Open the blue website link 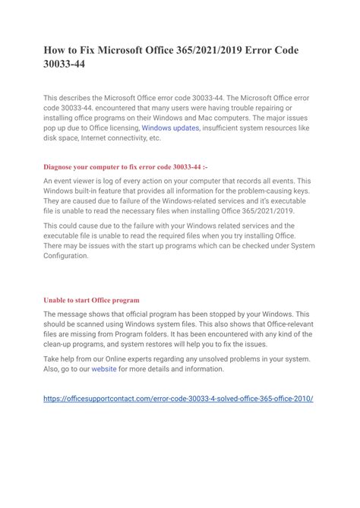[x=105, y=369]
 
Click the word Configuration [x=66, y=256]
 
